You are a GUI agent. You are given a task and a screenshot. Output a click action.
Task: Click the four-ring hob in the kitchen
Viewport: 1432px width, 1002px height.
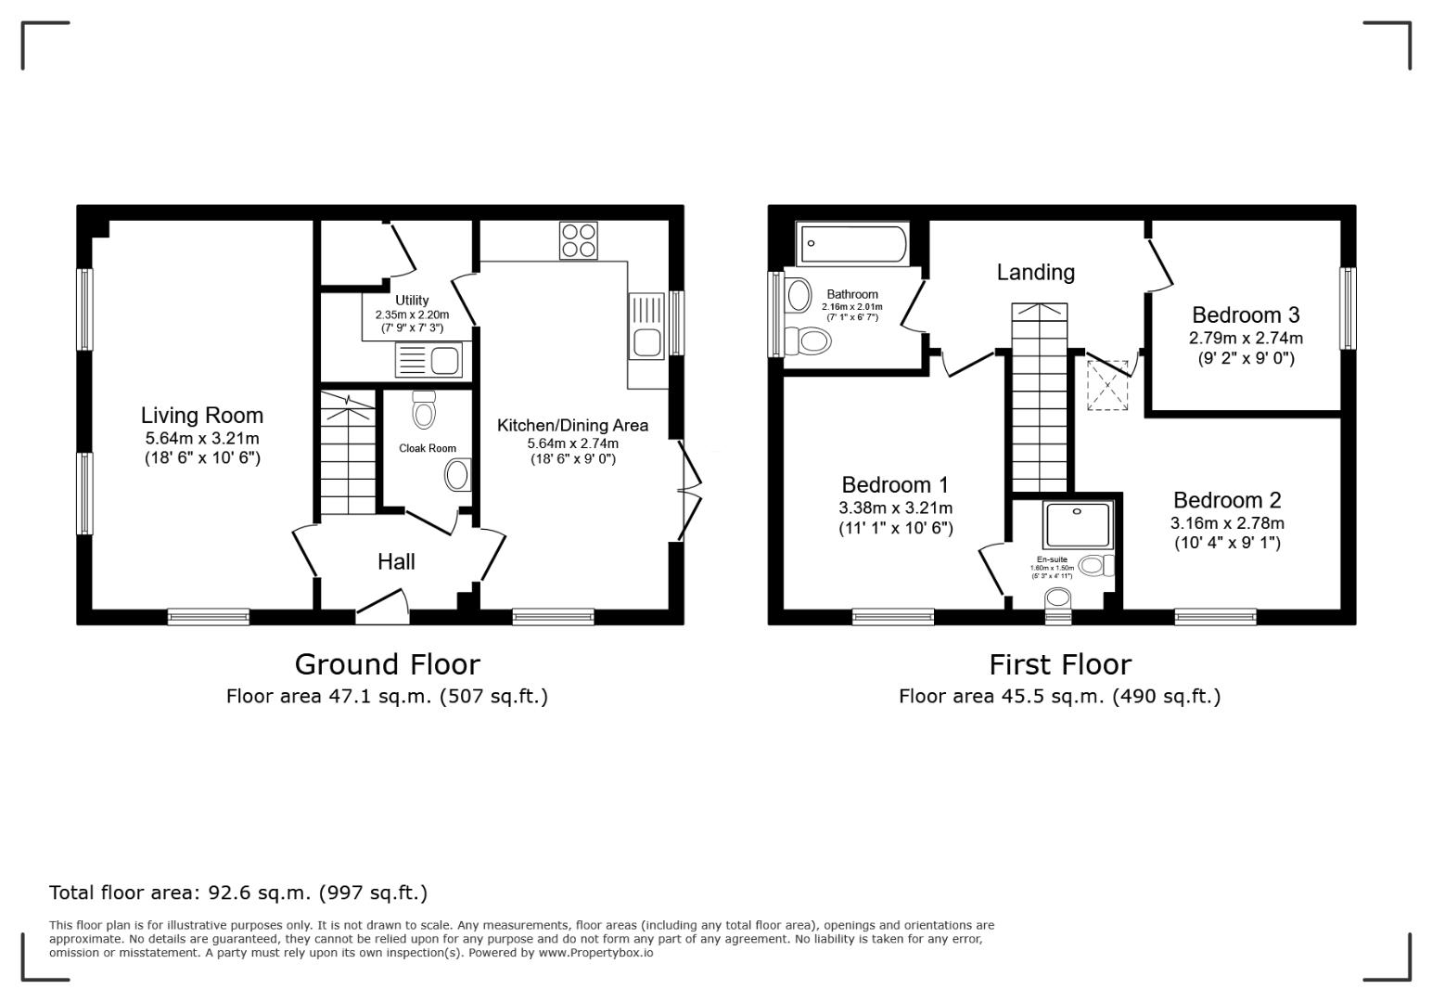click(579, 240)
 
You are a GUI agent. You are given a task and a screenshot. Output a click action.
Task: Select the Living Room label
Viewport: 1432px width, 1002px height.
click(202, 416)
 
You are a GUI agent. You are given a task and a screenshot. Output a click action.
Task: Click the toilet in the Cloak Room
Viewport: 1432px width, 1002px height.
click(424, 409)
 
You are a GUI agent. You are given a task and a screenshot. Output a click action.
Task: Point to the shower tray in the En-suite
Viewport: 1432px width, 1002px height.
click(1077, 525)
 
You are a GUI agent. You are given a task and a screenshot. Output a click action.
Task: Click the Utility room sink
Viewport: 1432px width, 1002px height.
click(428, 359)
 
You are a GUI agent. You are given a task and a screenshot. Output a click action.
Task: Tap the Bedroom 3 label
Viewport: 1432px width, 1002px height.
click(1246, 315)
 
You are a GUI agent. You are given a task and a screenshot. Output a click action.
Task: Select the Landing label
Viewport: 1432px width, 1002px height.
click(1035, 273)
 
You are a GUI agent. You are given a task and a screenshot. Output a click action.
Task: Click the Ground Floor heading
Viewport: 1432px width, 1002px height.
click(387, 664)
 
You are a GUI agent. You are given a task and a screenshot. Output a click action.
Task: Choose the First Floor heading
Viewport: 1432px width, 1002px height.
click(1059, 664)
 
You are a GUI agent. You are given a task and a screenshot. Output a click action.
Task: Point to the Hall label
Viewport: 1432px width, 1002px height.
click(396, 561)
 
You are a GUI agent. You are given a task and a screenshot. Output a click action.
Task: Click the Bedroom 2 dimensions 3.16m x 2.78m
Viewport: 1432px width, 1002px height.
click(1226, 523)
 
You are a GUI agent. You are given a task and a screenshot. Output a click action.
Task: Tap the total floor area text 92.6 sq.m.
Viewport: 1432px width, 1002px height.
click(238, 893)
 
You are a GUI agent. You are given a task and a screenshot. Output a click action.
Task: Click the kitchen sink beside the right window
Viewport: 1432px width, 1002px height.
click(646, 326)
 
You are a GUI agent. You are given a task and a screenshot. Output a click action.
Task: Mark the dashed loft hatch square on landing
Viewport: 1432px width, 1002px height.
click(1107, 385)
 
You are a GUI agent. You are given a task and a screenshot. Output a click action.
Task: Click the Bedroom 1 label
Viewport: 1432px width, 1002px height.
click(895, 485)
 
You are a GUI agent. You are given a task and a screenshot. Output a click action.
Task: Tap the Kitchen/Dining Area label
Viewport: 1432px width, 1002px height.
click(572, 426)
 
